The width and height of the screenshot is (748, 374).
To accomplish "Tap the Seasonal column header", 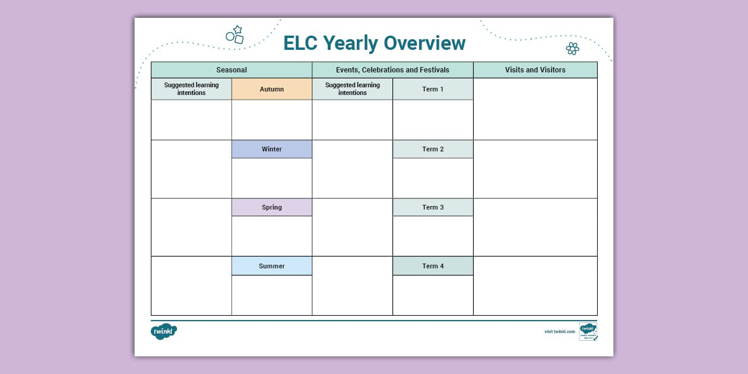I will click(232, 70).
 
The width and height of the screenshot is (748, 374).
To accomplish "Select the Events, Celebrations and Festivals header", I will click(392, 70).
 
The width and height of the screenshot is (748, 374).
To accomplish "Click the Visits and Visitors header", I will click(535, 70).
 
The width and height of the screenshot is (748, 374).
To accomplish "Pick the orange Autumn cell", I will click(272, 89).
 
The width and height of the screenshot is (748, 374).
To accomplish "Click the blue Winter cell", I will click(272, 149).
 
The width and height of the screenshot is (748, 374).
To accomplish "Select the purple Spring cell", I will click(272, 207).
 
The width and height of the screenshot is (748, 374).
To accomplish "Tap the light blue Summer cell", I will click(272, 266).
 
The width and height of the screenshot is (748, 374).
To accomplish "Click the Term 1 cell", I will click(433, 89).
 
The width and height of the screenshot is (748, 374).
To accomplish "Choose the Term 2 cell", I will click(433, 149).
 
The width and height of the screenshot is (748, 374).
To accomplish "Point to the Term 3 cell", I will click(433, 207).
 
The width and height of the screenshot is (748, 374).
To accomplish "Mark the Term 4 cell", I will click(433, 266).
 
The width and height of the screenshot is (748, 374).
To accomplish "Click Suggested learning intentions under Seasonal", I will click(191, 89).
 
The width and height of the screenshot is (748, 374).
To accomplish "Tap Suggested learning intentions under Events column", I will click(352, 89).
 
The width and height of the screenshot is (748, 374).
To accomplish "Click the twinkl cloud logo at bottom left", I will click(163, 332).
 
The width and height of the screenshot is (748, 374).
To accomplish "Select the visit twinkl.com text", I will click(559, 332).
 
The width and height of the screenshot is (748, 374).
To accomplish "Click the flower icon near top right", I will click(572, 48).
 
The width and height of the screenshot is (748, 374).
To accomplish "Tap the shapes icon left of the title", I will click(235, 35).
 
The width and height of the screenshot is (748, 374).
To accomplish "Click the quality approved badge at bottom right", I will click(588, 331).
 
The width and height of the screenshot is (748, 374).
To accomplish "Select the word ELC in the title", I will click(300, 43).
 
